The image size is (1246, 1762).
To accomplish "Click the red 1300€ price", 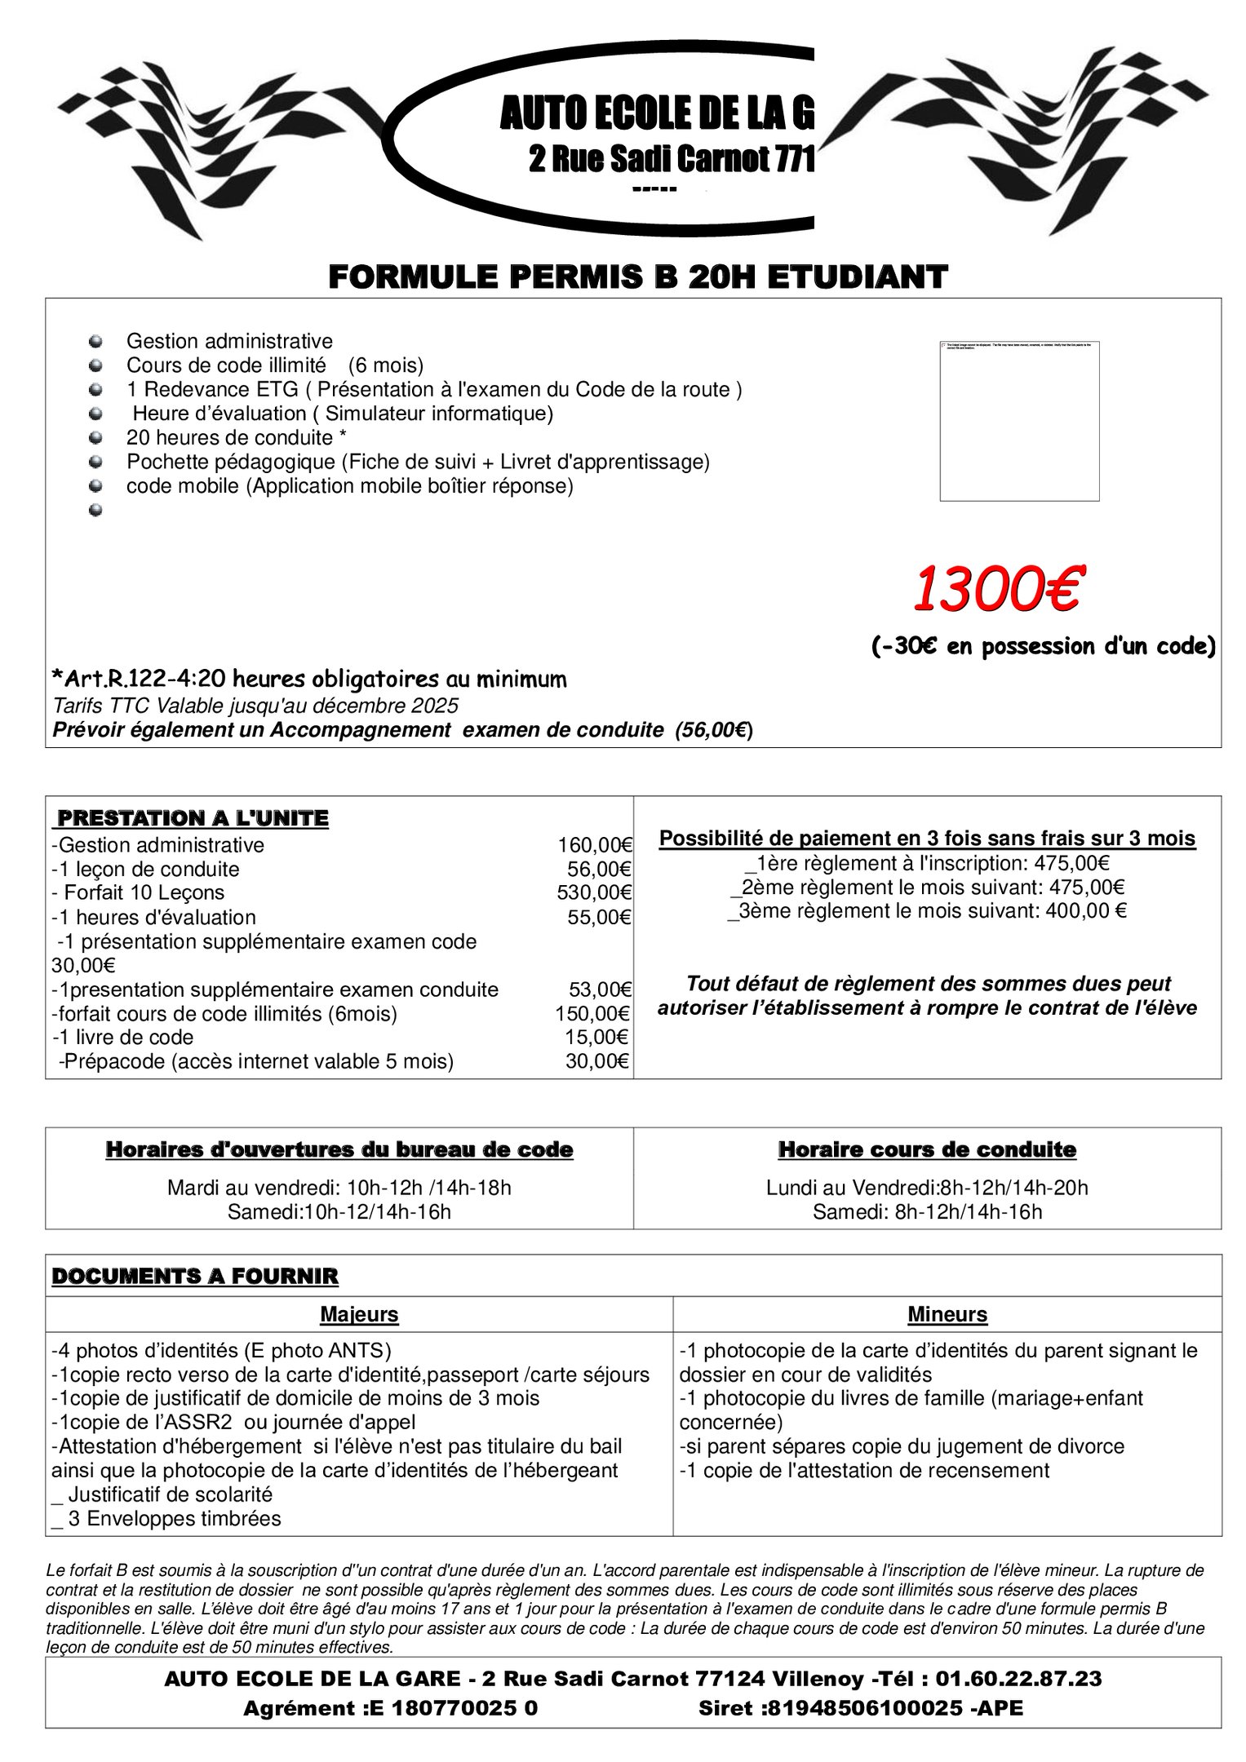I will click(996, 590).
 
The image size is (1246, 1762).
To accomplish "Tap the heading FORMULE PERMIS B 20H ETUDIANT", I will click(637, 277).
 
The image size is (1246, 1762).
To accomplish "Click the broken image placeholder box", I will click(1019, 421).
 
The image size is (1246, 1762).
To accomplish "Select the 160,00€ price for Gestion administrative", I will click(595, 845).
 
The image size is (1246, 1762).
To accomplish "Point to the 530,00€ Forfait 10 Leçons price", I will click(594, 892).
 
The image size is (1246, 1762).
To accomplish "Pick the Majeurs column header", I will click(359, 1314).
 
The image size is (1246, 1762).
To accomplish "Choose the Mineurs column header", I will click(947, 1314).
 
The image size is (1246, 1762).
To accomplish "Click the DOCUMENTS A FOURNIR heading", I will click(195, 1276).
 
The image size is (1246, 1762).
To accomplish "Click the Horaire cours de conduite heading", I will click(927, 1150).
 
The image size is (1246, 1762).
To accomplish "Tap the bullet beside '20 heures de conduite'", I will click(96, 438).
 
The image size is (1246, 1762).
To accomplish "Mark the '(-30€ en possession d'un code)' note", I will click(1043, 646).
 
